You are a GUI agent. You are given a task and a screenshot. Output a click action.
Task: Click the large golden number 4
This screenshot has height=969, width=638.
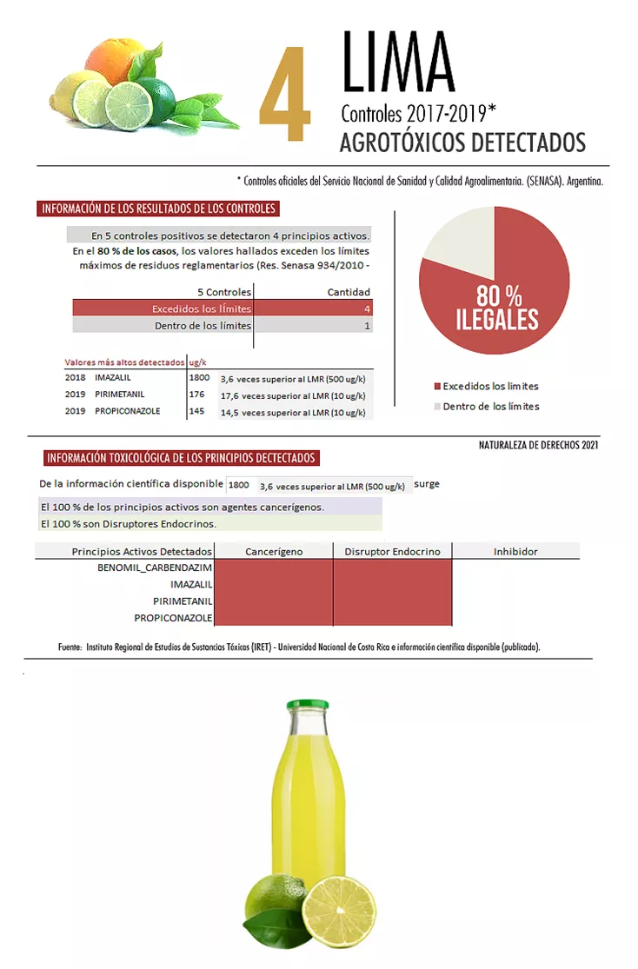(284, 95)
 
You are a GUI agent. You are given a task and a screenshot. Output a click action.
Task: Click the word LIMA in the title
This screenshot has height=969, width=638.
(398, 63)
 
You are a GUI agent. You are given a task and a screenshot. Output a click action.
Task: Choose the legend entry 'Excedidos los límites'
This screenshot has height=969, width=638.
(490, 386)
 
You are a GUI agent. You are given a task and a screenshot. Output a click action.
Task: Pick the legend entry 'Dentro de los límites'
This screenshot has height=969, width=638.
(490, 406)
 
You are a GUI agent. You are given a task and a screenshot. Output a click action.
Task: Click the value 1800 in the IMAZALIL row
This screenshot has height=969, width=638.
(199, 378)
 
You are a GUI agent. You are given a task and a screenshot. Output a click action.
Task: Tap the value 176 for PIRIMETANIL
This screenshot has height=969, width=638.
(196, 395)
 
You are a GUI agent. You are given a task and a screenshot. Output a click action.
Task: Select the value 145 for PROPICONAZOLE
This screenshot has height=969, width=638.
(196, 411)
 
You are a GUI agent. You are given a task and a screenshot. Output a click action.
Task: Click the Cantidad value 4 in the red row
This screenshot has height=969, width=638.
(367, 309)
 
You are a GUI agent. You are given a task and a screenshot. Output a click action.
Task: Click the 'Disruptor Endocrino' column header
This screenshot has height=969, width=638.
(392, 551)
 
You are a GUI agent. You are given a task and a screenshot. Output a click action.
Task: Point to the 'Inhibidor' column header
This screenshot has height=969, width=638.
(515, 551)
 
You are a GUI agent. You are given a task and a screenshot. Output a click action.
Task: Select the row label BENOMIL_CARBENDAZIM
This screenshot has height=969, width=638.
(155, 568)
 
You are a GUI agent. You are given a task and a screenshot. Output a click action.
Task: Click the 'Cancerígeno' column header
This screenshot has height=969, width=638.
(274, 551)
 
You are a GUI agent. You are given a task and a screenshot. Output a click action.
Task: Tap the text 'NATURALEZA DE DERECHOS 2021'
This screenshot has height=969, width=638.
(538, 445)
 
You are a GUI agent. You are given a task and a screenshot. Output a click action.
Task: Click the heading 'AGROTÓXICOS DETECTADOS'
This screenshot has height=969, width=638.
(462, 142)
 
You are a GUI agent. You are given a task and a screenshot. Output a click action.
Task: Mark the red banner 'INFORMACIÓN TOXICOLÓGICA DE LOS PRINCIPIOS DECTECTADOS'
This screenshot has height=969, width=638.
(181, 458)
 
